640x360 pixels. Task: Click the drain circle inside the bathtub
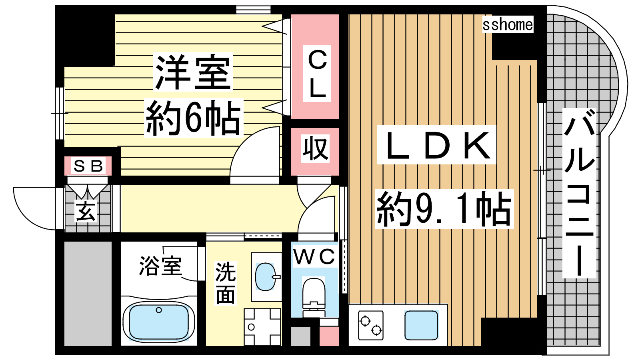point(159,310)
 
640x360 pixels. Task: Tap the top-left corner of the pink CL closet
point(292,14)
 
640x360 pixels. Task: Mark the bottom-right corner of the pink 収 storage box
point(339,175)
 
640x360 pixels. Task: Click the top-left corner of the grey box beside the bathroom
point(64,242)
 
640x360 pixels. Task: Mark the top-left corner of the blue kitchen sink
point(405,311)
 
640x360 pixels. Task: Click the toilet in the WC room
point(314,297)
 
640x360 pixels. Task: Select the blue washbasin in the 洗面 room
point(265,276)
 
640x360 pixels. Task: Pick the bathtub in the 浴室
point(159,322)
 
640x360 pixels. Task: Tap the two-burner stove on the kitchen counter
point(370,325)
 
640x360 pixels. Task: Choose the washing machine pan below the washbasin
point(262,327)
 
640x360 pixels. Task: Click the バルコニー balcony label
point(580,193)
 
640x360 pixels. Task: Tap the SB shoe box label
point(88,166)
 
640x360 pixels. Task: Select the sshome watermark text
point(508,24)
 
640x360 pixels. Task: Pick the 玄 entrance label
point(86,211)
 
